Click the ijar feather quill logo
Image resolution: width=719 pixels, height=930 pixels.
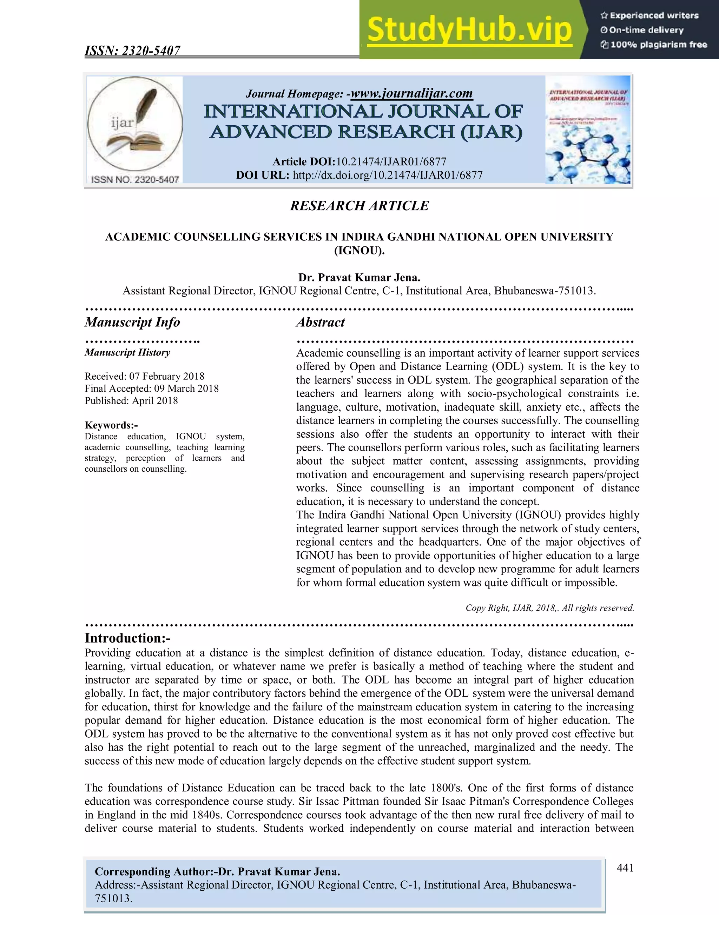pos(134,124)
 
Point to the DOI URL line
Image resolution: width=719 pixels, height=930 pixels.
pos(359,175)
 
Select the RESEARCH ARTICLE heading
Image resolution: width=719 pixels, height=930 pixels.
pos(359,206)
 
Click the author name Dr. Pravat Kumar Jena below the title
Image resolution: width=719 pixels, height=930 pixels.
pos(359,278)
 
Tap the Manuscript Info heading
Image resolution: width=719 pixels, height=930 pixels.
pos(132,323)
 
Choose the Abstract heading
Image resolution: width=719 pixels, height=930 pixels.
pos(320,323)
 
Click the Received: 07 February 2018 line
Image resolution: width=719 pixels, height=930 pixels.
pos(144,376)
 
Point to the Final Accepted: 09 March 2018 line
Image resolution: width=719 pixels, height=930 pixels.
pos(152,388)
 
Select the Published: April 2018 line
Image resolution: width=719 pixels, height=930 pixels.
pos(131,401)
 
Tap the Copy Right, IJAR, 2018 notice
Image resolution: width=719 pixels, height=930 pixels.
pos(549,607)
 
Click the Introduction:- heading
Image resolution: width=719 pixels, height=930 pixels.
pos(127,638)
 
